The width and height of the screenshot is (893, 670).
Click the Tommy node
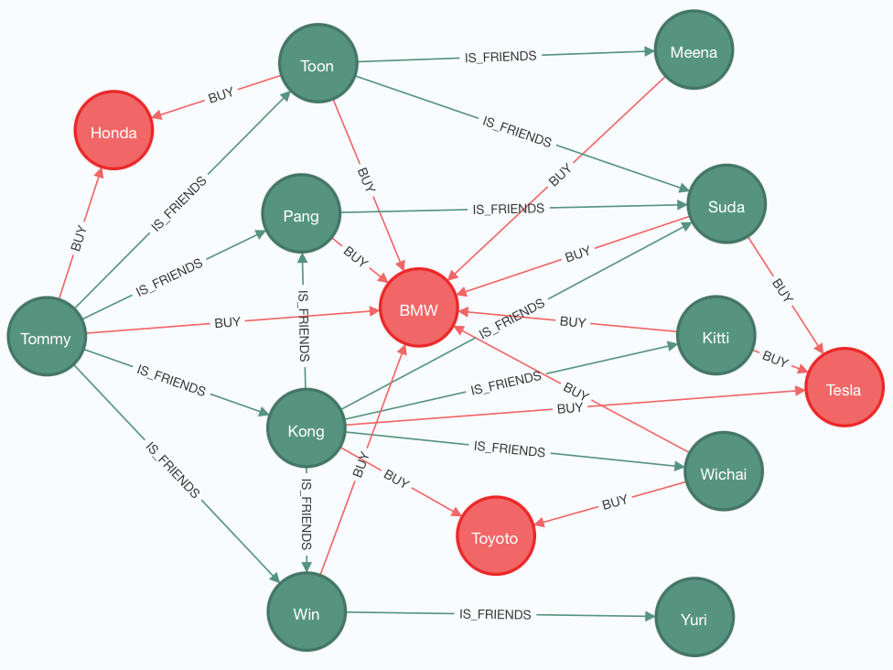[x=46, y=338]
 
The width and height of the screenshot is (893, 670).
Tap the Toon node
[x=317, y=65]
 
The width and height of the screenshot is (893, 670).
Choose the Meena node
[x=694, y=51]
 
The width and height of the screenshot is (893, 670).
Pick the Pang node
[x=301, y=215]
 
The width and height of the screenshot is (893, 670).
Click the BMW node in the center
[x=418, y=308]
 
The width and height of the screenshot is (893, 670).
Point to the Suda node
[x=726, y=205]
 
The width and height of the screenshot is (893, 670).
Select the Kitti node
[x=715, y=337]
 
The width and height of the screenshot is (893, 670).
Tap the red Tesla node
[x=844, y=388]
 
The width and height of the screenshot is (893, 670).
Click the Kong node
[x=306, y=429]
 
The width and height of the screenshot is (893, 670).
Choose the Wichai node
[x=723, y=472]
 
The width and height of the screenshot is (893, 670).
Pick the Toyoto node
[x=495, y=536]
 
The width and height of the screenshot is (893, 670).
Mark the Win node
[x=307, y=612]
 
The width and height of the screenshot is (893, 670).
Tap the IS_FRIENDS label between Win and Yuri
[x=495, y=614]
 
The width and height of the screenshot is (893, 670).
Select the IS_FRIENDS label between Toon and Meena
[x=500, y=57]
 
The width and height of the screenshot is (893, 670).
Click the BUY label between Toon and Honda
[x=221, y=94]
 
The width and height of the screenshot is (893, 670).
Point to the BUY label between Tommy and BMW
[x=227, y=322]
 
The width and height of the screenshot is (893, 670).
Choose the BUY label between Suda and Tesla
[x=782, y=289]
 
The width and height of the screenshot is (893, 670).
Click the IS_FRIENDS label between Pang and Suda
[x=508, y=209]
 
